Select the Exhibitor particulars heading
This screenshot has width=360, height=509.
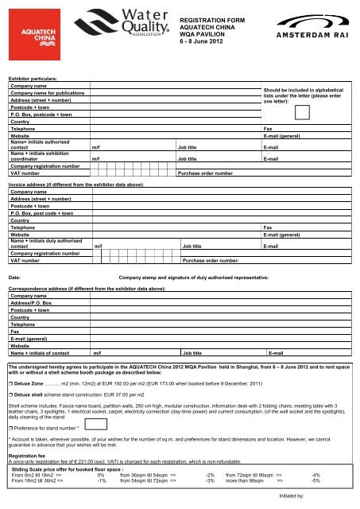pyautogui.click(x=32, y=80)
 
